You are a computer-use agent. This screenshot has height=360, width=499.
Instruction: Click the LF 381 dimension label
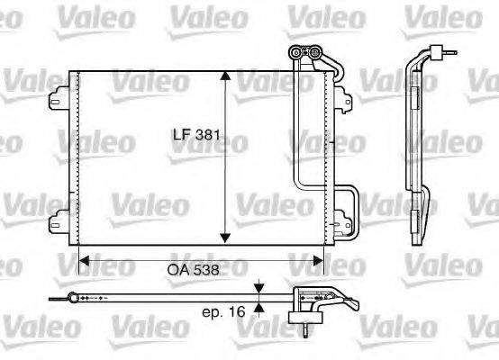(x=197, y=137)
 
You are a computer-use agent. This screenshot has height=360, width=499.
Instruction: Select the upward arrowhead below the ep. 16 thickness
(x=259, y=307)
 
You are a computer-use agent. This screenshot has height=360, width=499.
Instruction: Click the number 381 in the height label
(x=209, y=137)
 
